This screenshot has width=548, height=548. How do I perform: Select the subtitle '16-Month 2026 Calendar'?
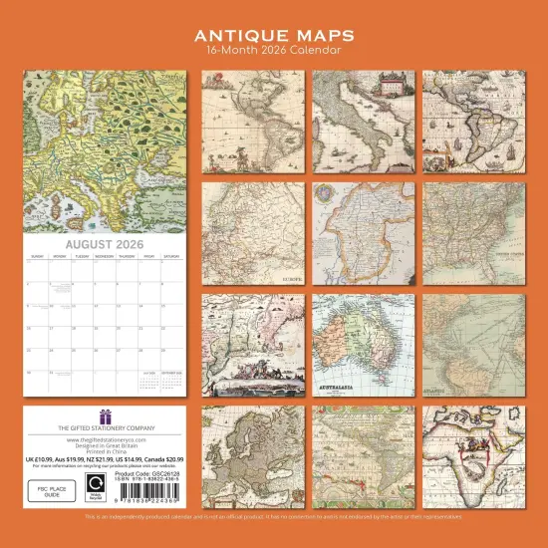(273, 50)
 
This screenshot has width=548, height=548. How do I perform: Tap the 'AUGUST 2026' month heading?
(104, 244)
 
